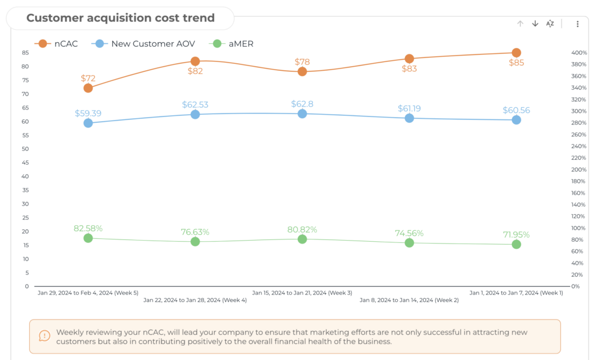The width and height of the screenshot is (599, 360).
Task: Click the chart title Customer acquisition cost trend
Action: (120, 18)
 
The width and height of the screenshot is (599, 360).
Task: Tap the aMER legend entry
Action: (234, 43)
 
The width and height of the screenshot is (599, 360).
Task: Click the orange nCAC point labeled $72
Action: (88, 88)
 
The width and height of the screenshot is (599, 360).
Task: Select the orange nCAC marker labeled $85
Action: (517, 53)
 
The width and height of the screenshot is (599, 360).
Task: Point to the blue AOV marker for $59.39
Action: (88, 123)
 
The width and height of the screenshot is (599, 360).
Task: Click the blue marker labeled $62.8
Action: (302, 114)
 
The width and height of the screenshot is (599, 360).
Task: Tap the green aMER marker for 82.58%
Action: (88, 238)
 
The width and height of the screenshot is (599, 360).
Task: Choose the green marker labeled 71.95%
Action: (517, 244)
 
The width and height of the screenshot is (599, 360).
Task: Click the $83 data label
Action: (409, 68)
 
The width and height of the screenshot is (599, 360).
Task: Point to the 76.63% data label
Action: (195, 232)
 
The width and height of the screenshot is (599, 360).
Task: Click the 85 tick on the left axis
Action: (25, 53)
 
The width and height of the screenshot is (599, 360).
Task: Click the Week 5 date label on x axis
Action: (88, 293)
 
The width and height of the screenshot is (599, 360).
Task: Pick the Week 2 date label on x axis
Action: (409, 300)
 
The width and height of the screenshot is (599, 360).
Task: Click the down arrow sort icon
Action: (535, 23)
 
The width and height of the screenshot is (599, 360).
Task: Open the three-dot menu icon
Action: (577, 24)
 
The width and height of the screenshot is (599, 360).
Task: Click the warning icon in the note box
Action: (44, 335)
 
